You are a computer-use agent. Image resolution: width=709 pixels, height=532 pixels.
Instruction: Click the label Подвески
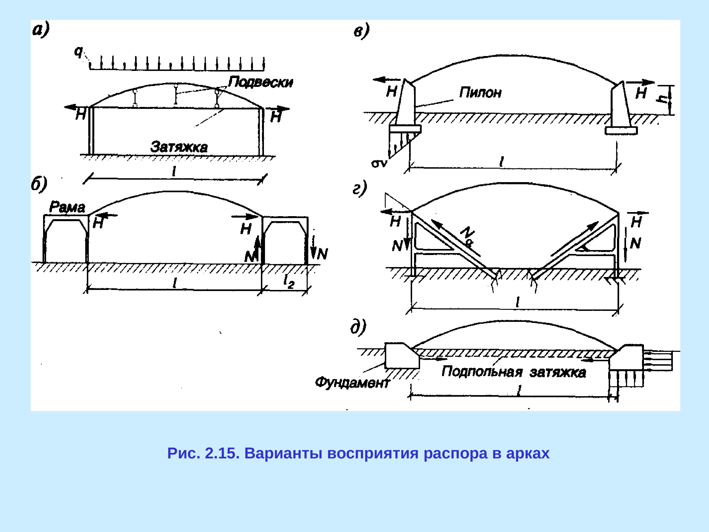pyautogui.click(x=260, y=82)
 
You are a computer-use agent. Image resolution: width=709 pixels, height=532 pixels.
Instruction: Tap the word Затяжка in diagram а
pyautogui.click(x=179, y=147)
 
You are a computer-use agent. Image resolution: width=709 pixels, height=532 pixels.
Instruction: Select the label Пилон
pyautogui.click(x=480, y=93)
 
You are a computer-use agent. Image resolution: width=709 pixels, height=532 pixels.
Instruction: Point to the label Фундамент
pyautogui.click(x=352, y=383)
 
